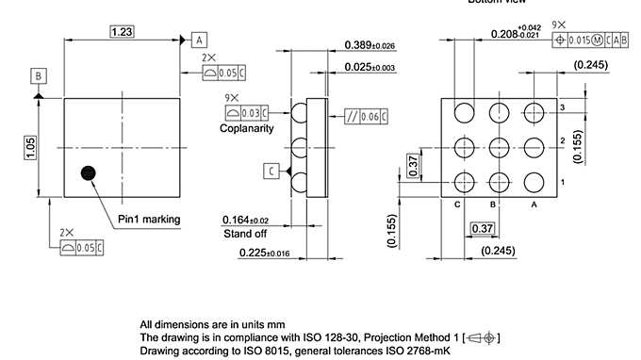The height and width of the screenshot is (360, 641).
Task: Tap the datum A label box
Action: pyautogui.click(x=199, y=40)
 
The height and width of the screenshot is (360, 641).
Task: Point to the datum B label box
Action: pyautogui.click(x=38, y=75)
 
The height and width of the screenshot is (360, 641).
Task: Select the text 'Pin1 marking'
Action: pyautogui.click(x=149, y=220)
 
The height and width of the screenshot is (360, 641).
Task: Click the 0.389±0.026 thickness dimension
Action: pyautogui.click(x=370, y=45)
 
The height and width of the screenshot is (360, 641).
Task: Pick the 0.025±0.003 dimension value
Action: pyautogui.click(x=370, y=67)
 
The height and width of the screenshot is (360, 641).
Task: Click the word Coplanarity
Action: pyautogui.click(x=247, y=128)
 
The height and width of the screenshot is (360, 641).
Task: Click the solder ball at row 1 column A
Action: pyautogui.click(x=534, y=182)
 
